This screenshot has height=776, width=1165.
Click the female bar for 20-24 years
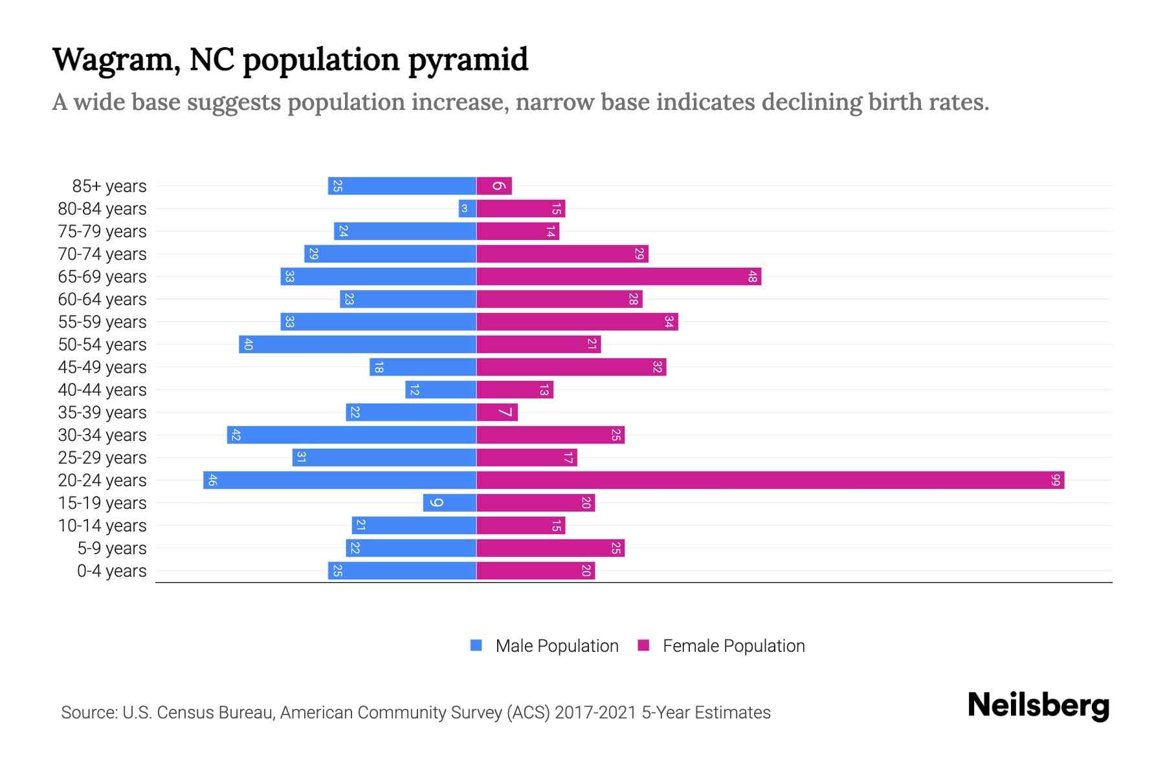tap(770, 480)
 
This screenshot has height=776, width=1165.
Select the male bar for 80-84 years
tap(467, 209)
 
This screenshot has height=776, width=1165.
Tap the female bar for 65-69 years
tap(619, 277)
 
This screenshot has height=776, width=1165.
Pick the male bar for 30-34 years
tap(351, 435)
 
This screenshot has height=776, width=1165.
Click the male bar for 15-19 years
tap(450, 503)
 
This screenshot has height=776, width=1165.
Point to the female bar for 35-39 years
tap(497, 413)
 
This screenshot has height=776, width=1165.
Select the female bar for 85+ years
tap(494, 186)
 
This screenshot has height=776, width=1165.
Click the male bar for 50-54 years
tap(357, 345)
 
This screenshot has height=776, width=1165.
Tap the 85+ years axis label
tap(109, 186)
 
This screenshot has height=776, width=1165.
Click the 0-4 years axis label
tap(111, 571)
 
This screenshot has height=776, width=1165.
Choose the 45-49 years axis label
tap(102, 367)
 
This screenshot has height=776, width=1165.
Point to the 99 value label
tap(1056, 480)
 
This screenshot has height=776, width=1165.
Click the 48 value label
tap(752, 277)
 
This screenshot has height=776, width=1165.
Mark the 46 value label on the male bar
tap(212, 480)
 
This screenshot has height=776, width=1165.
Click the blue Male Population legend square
tap(476, 645)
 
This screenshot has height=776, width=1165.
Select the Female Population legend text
tap(733, 646)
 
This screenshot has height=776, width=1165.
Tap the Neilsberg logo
tap(1038, 705)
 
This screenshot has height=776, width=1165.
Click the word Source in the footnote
tap(89, 713)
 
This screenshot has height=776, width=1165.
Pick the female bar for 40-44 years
tap(515, 390)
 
